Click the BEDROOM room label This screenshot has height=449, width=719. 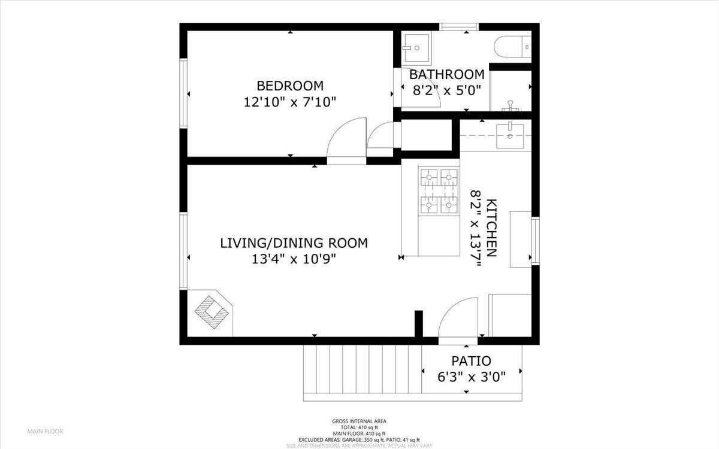coord(290,86)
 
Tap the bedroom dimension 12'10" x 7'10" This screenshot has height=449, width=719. coord(290,102)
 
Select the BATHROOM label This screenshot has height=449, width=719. coord(446,75)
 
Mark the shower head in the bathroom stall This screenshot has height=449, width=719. coord(510,105)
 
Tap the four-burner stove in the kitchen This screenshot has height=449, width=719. coord(439,191)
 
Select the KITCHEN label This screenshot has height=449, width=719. coord(491,227)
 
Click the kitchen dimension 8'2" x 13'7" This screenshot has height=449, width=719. coord(476,228)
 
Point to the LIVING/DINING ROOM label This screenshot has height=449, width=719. coord(294,243)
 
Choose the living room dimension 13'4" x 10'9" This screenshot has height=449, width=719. coord(294,259)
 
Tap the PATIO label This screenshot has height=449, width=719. coord(471,361)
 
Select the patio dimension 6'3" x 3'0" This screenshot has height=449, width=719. coord(472,377)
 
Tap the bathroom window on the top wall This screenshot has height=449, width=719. coord(459,26)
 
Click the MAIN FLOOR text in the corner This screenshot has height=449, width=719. coord(45,431)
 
